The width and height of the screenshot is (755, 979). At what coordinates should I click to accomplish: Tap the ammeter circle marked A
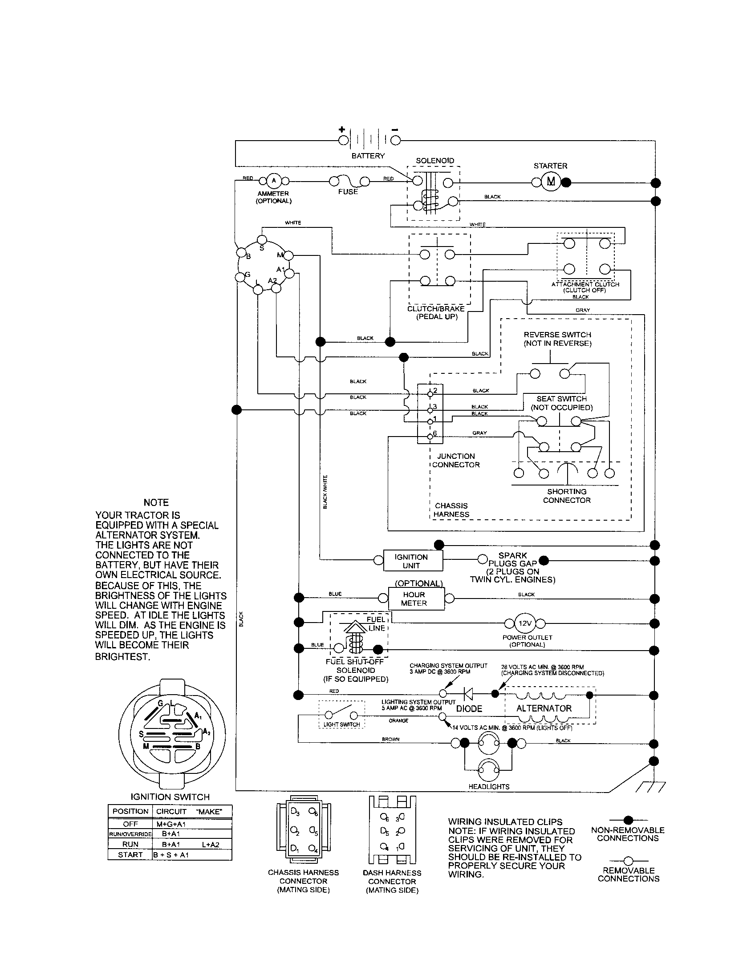pos(274,181)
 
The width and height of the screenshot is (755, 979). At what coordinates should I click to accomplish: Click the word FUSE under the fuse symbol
pos(348,192)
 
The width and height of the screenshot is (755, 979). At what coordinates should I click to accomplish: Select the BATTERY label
pos(368,156)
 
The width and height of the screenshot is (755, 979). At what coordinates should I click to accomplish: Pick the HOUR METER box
pos(414,599)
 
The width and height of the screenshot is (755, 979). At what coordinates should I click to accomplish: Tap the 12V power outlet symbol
pos(525,623)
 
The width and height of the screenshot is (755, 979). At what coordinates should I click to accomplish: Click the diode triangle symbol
pos(468,694)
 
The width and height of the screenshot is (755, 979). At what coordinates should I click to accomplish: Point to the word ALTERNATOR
pos(544,708)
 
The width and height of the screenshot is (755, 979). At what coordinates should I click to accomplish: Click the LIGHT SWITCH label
pos(341,724)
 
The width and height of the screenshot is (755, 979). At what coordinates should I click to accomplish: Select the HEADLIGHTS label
pos(489,786)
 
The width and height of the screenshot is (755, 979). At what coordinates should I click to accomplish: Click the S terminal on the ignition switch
pos(262,240)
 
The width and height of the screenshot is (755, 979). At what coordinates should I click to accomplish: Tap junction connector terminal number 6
pos(430,436)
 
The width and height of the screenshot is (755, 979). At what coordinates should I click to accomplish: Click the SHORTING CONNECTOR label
pos(567,496)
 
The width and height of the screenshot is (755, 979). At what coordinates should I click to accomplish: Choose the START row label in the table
pos(130,854)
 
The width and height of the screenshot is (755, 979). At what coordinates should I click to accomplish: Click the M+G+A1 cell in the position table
pos(171,824)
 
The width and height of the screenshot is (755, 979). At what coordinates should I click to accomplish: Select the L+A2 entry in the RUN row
pos(210,844)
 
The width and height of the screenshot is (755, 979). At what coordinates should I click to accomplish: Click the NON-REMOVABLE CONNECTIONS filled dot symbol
pos(628,820)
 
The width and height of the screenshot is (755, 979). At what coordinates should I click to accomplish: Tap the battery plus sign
pos(341,129)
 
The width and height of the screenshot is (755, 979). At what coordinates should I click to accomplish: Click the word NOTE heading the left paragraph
pos(156,502)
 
